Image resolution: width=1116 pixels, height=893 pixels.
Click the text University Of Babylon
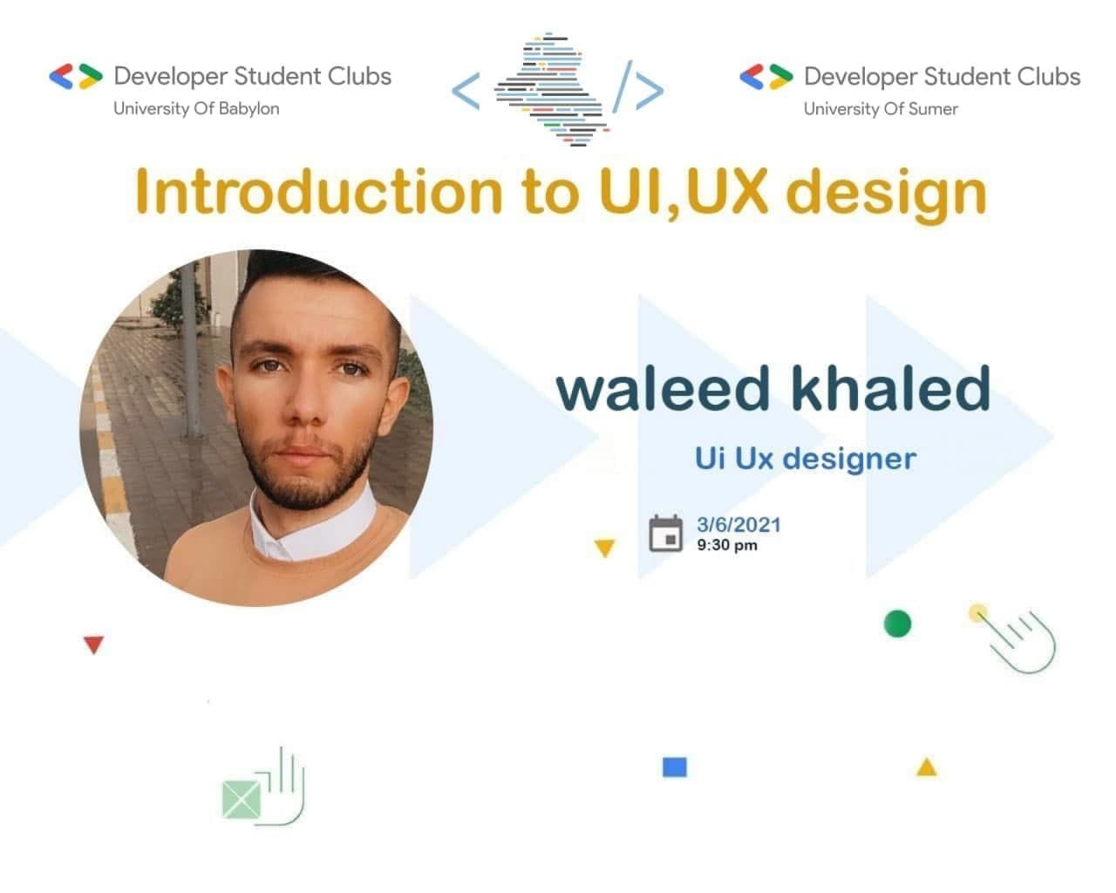196,108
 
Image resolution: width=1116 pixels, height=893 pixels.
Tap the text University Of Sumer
881,109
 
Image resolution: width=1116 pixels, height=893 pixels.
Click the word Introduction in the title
318,191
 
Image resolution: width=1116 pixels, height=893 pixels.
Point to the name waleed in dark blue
663,389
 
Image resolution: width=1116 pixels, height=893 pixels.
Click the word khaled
890,387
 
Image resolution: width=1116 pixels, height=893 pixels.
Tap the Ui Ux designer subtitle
806,460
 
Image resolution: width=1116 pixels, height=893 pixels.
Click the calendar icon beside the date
665,534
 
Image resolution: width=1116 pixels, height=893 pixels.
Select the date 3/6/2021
738,525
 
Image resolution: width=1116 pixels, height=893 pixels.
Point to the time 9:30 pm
726,545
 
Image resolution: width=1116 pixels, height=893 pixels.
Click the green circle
897,624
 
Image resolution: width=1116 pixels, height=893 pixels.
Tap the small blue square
674,767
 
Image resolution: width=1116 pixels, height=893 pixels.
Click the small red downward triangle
94,644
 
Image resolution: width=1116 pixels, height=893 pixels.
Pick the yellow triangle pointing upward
926,767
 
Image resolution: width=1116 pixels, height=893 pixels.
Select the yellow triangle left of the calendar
605,548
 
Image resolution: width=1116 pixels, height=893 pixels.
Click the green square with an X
242,800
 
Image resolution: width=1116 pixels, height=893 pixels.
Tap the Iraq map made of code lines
552,89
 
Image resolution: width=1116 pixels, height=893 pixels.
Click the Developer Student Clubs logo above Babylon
76,77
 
